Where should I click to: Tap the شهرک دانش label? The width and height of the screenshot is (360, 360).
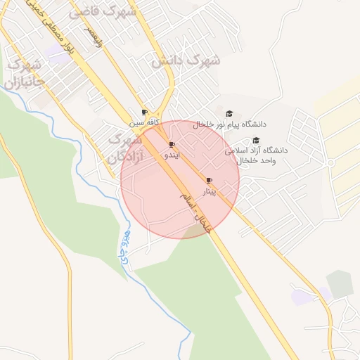186,61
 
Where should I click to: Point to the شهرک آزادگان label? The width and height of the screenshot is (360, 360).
124,148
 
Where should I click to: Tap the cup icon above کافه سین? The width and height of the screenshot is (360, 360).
144,112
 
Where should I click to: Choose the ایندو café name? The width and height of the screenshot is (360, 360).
172,154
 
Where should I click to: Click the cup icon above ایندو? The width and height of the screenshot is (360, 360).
172,144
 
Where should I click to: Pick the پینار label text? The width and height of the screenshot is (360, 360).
210,191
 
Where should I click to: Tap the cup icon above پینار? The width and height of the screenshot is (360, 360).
209,181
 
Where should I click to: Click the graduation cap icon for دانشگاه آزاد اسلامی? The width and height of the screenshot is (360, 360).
256,141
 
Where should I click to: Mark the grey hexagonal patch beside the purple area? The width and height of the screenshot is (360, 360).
340,283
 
